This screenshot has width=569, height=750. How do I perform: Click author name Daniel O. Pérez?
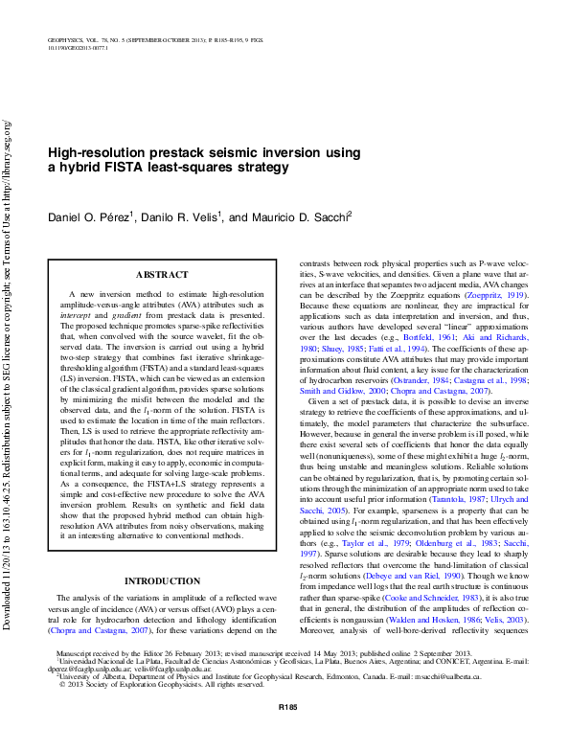tap(89, 218)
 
